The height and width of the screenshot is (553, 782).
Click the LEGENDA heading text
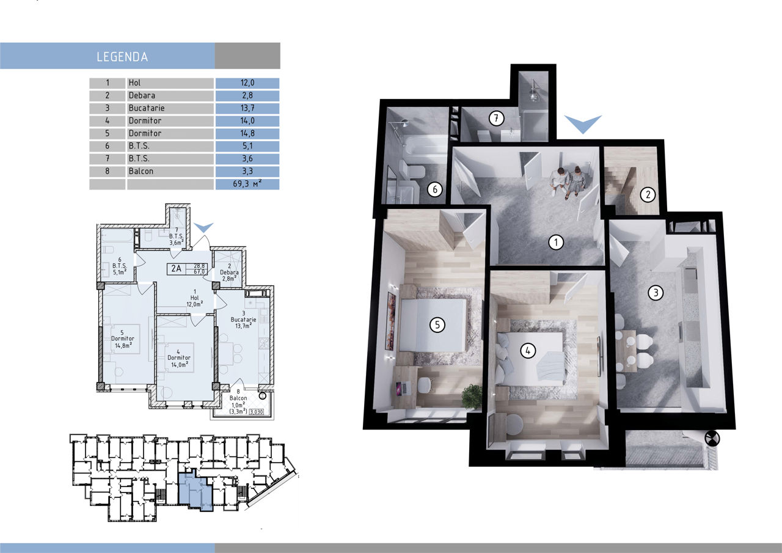pyautogui.click(x=122, y=57)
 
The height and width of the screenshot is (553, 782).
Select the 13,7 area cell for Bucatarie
pyautogui.click(x=247, y=108)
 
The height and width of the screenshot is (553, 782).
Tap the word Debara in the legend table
pyautogui.click(x=142, y=95)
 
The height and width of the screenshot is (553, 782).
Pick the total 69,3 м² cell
pyautogui.click(x=247, y=184)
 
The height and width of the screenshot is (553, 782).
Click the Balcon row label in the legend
pyautogui.click(x=141, y=171)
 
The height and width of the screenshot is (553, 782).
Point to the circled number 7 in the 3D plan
pyautogui.click(x=495, y=119)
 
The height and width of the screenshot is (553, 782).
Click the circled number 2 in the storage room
pyautogui.click(x=648, y=194)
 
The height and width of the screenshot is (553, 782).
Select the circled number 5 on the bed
pyautogui.click(x=437, y=325)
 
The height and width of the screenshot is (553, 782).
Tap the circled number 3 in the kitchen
pyautogui.click(x=656, y=293)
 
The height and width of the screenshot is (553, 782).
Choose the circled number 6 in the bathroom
pyautogui.click(x=434, y=189)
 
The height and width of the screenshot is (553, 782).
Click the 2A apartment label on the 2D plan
pyautogui.click(x=177, y=268)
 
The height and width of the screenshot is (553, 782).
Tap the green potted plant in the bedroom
pyautogui.click(x=472, y=396)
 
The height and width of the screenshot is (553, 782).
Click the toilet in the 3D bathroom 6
pyautogui.click(x=411, y=170)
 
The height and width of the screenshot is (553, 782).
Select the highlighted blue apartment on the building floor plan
pyautogui.click(x=195, y=491)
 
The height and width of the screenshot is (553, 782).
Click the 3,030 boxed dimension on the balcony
pyautogui.click(x=257, y=412)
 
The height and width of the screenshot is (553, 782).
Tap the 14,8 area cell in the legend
pyautogui.click(x=247, y=133)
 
